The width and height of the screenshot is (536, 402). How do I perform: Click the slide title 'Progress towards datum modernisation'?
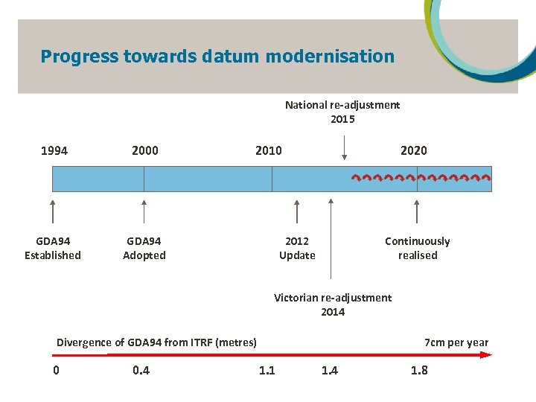click(217, 57)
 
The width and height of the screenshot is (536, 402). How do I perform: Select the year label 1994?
click(54, 151)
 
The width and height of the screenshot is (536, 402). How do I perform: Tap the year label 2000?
click(144, 151)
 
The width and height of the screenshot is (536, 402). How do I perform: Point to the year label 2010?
click(268, 151)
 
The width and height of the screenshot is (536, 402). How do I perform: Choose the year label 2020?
click(414, 151)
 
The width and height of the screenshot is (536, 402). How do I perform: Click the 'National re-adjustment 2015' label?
click(342, 112)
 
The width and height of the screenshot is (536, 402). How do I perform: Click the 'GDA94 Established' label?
click(53, 249)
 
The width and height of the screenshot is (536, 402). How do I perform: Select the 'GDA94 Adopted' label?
click(144, 249)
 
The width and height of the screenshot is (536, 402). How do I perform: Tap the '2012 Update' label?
click(297, 249)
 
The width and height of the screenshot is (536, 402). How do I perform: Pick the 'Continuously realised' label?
click(417, 249)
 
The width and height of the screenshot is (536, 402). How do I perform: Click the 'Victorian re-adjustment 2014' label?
click(333, 304)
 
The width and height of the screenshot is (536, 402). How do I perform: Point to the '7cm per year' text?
click(456, 342)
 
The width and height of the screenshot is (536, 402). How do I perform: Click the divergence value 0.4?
click(141, 370)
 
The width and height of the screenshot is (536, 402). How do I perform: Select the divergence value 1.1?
click(267, 370)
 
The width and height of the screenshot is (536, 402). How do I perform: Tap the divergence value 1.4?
click(329, 370)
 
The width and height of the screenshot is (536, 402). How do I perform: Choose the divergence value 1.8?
click(419, 370)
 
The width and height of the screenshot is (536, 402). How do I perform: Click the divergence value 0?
click(56, 370)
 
